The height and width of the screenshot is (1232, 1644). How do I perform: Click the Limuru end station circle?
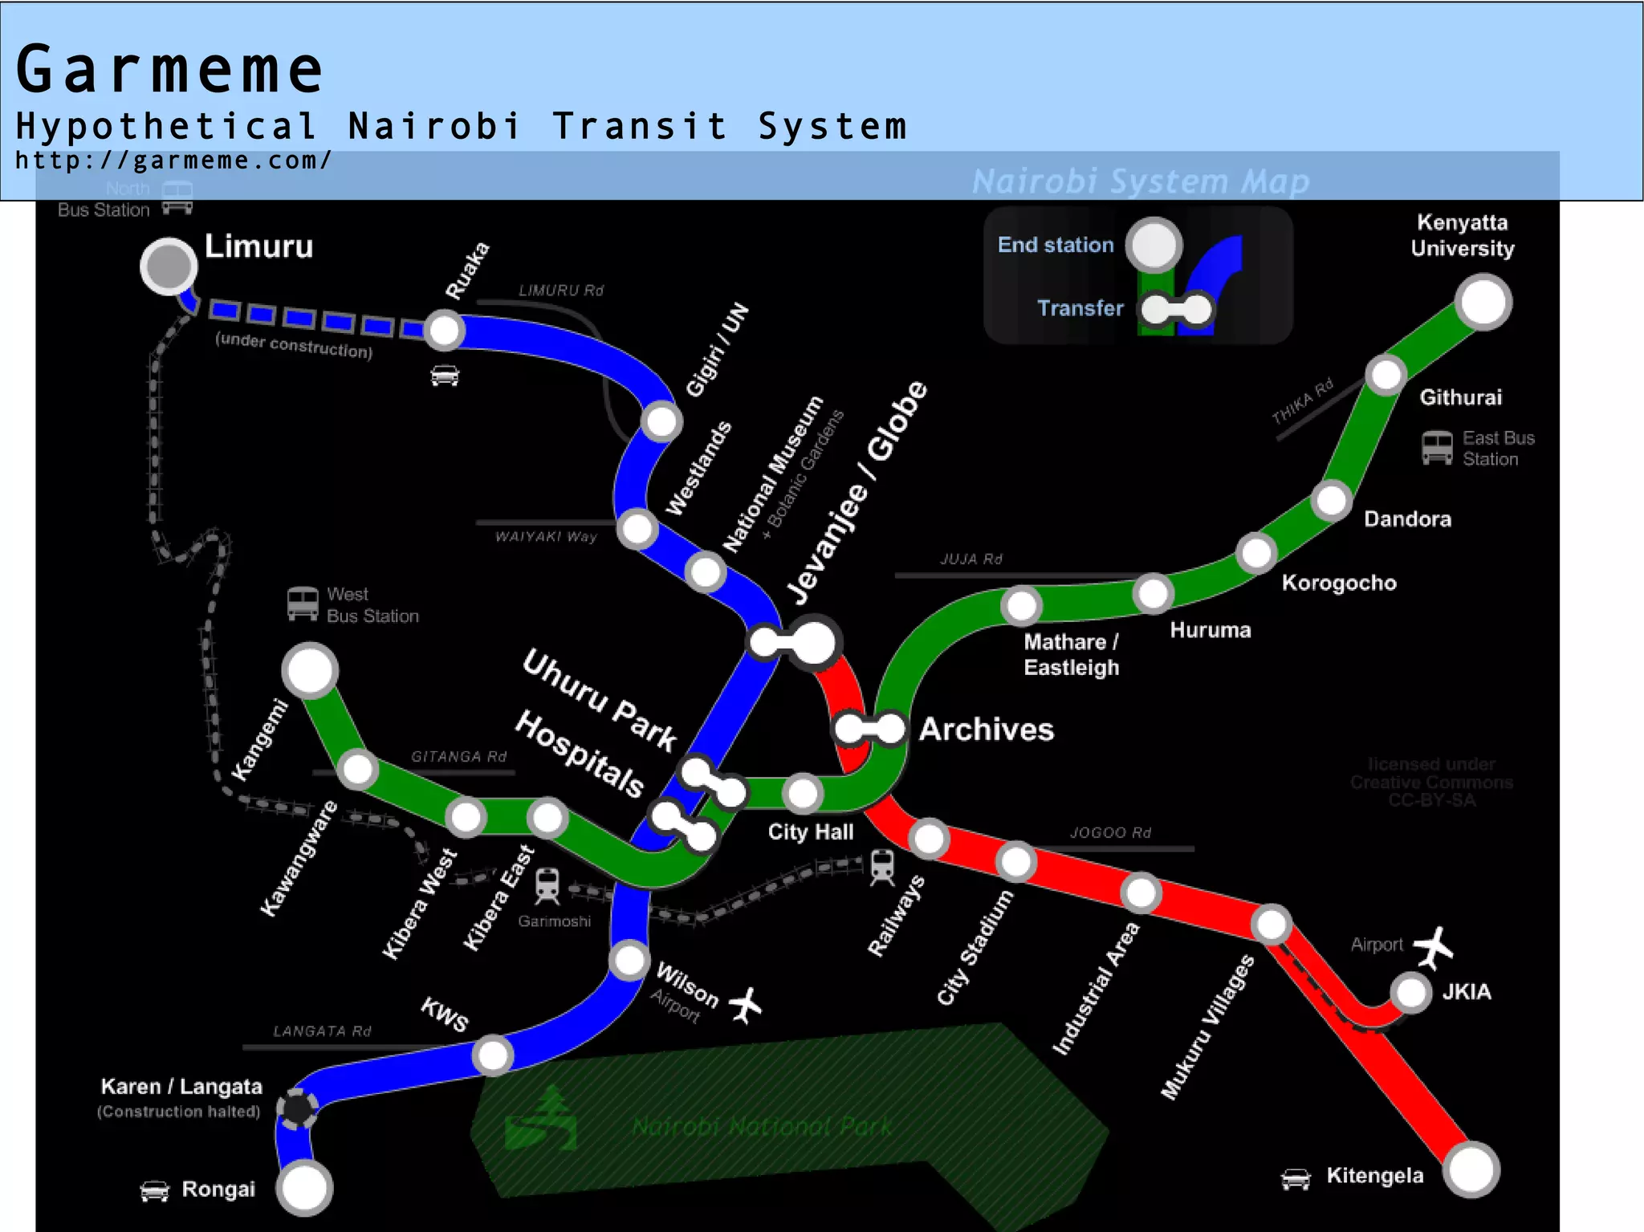pyautogui.click(x=169, y=266)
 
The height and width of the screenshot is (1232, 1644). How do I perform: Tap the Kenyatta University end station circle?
pyautogui.click(x=1483, y=302)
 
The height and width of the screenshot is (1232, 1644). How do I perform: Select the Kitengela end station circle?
pyautogui.click(x=1471, y=1170)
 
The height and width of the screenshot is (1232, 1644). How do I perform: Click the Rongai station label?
pyautogui.click(x=218, y=1189)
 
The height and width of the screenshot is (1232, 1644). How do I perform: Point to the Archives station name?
pyautogui.click(x=986, y=729)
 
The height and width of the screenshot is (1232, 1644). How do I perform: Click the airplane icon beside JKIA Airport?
pyautogui.click(x=1434, y=947)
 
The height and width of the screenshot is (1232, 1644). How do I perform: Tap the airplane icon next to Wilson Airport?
pyautogui.click(x=746, y=1005)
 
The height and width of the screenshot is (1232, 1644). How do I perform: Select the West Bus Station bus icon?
pyautogui.click(x=303, y=604)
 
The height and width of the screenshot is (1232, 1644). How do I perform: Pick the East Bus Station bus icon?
pyautogui.click(x=1437, y=448)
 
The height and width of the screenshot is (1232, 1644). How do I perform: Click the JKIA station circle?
pyautogui.click(x=1410, y=993)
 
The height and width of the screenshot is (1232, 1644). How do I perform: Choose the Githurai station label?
pyautogui.click(x=1460, y=397)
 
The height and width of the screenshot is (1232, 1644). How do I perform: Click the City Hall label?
pyautogui.click(x=810, y=831)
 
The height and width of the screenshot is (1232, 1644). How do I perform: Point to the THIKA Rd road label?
pyautogui.click(x=1302, y=400)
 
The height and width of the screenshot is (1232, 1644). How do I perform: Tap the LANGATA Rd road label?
pyautogui.click(x=322, y=1031)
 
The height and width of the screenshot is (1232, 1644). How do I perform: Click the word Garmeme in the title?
pyautogui.click(x=169, y=71)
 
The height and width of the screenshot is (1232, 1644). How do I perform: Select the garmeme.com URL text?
pyautogui.click(x=173, y=161)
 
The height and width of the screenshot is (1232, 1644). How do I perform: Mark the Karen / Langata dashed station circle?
pyautogui.click(x=298, y=1109)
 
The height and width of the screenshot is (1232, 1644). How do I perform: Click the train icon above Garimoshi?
pyautogui.click(x=547, y=885)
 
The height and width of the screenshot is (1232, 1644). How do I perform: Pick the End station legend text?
pyautogui.click(x=1056, y=245)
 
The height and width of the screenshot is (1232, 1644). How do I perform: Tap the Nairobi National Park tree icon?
pyautogui.click(x=541, y=1118)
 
